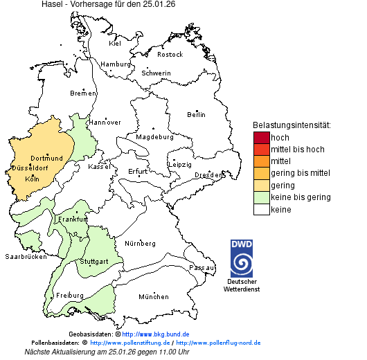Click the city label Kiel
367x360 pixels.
coord(115,44)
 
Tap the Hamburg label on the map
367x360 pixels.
coord(116,64)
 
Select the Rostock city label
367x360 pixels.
coord(170,55)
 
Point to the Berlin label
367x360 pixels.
coord(196,114)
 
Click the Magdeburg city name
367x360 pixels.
coord(154,137)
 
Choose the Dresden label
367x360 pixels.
coord(208,175)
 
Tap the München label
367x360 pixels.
coord(153,297)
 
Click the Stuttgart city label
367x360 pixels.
coord(93,262)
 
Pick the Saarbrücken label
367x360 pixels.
coord(26,256)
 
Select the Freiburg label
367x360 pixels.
coord(69,296)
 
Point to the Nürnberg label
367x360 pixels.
coord(139,244)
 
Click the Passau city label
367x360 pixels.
coord(202,267)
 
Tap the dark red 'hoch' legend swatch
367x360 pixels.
coord(261,138)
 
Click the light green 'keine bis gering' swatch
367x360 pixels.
coord(261,197)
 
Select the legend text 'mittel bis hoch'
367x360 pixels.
coord(297,150)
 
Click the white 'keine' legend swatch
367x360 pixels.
coord(261,209)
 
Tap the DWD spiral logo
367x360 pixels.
coord(242,258)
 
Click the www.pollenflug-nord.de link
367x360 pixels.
coord(218,343)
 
